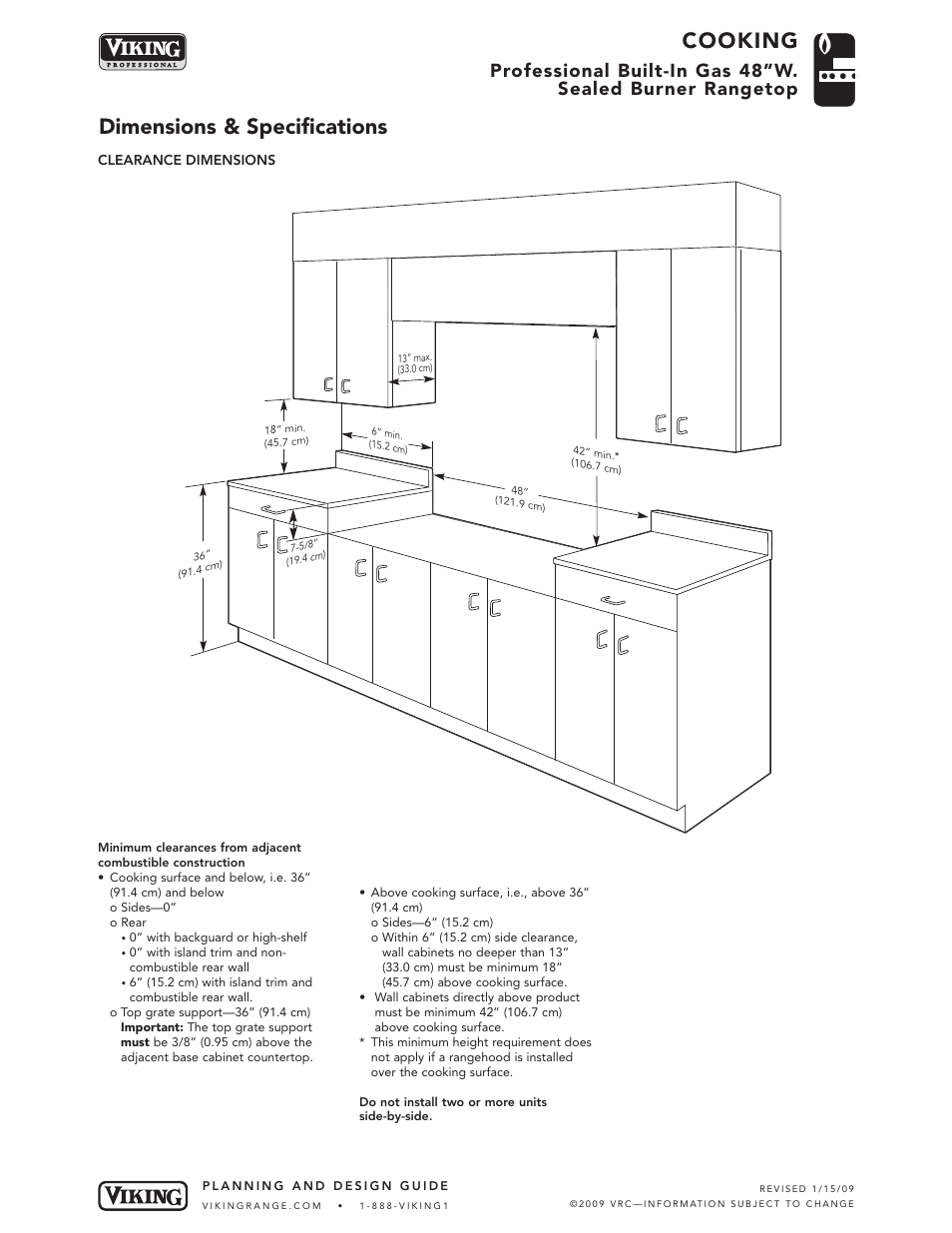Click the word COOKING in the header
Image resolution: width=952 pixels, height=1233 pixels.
739,40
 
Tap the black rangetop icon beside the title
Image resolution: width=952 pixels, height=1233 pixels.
834,69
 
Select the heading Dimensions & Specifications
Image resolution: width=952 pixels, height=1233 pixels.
242,127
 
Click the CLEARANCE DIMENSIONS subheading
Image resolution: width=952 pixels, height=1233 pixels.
187,160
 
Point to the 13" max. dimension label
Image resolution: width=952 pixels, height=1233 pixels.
414,363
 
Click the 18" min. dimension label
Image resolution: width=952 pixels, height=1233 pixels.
285,435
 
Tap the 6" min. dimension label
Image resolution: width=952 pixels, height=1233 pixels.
387,440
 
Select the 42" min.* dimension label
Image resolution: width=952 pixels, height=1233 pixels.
597,459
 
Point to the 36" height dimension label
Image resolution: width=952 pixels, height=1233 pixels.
201,564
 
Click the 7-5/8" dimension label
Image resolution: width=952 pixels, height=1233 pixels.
305,551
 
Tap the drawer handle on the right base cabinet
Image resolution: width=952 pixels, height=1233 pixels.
613,599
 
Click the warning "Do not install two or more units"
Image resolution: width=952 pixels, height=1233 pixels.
453,1102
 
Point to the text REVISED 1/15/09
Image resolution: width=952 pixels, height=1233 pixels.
806,1188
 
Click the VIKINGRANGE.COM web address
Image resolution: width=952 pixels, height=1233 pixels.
261,1205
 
